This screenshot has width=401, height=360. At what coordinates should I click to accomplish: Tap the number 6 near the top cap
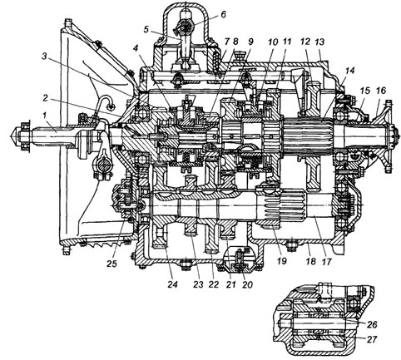point(223,13)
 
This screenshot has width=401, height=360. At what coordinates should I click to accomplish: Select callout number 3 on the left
point(44,57)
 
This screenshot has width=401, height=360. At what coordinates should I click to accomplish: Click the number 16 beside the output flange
point(381,91)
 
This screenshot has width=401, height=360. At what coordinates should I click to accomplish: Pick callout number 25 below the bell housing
point(112,264)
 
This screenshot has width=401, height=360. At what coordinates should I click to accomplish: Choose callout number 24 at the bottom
point(172,284)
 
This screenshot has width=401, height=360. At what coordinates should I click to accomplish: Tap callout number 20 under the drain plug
point(247,284)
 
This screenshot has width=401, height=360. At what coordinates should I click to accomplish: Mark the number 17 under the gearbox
point(326,261)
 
